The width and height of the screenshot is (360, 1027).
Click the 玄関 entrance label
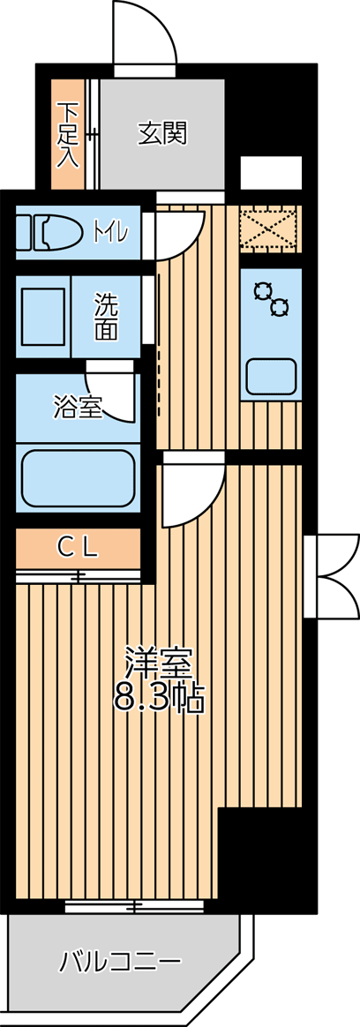pyautogui.click(x=162, y=133)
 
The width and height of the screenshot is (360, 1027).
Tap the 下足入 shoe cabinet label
pyautogui.click(x=68, y=134)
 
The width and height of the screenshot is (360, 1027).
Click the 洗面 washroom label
pyautogui.click(x=105, y=317)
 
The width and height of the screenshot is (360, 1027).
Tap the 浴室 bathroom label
pyautogui.click(x=78, y=409)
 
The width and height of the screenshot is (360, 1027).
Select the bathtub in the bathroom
pyautogui.click(x=79, y=477)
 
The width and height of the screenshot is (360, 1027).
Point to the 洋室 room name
pyautogui.click(x=160, y=663)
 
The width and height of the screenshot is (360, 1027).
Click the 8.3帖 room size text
pyautogui.click(x=160, y=698)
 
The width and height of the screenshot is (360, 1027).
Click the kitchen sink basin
pyautogui.click(x=271, y=375)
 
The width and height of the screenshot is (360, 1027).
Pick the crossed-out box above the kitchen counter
pyautogui.click(x=270, y=229)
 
